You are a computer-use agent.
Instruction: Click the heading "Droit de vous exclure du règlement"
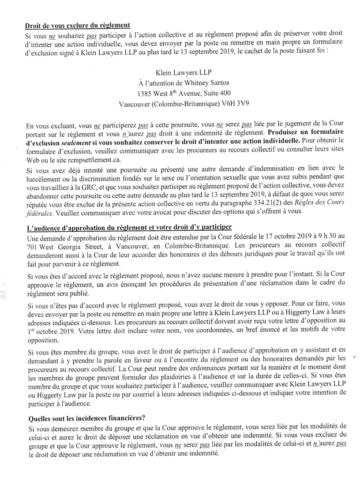point(78,25)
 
